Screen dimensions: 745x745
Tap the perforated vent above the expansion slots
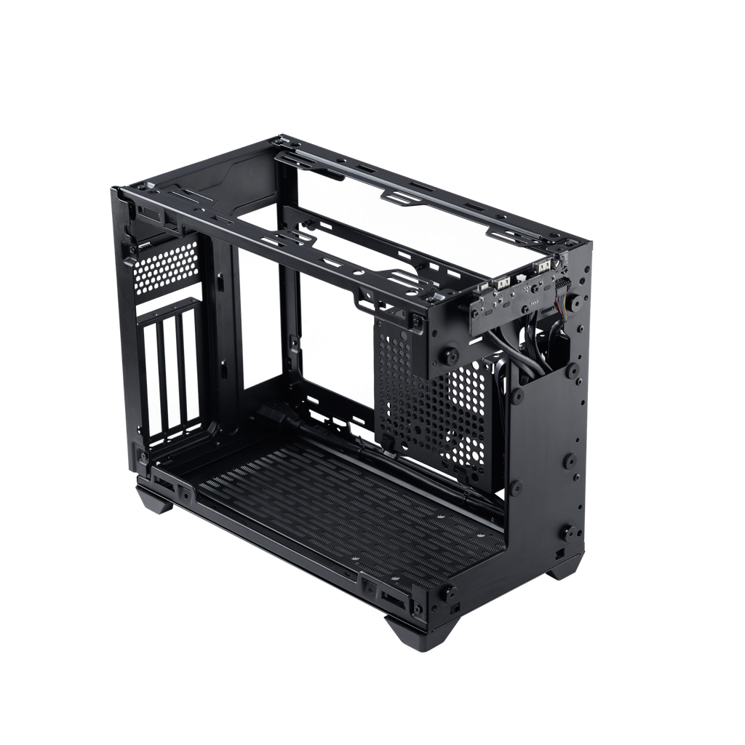click(x=167, y=267)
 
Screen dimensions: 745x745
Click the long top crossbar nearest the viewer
click(x=276, y=240)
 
